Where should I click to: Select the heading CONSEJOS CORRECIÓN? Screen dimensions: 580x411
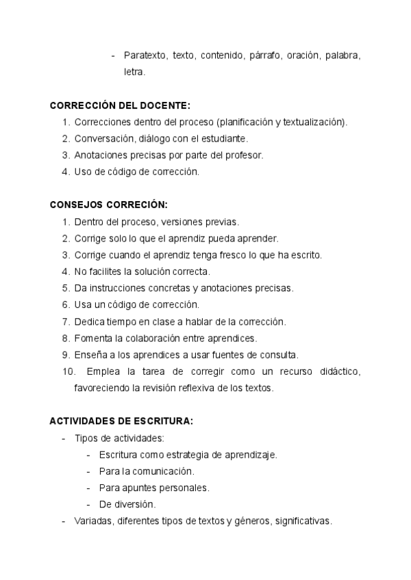(x=108, y=205)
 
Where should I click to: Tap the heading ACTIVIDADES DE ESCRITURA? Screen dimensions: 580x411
(x=121, y=421)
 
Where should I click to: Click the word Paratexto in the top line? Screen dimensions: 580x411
(x=145, y=55)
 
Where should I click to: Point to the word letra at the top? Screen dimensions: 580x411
(x=134, y=71)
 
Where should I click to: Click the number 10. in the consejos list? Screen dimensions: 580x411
(x=68, y=371)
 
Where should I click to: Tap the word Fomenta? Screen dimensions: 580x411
(x=95, y=338)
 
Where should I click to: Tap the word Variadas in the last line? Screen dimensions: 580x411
(x=92, y=520)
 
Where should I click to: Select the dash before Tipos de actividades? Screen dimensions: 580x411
(x=64, y=438)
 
